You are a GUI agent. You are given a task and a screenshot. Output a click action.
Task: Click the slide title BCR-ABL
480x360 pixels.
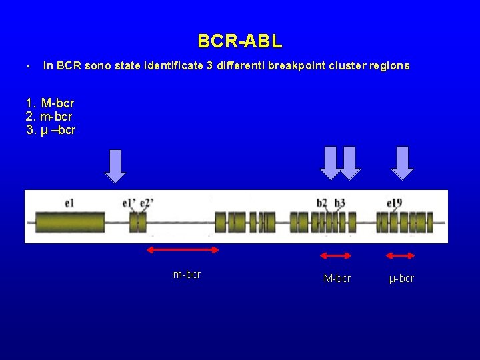(240, 41)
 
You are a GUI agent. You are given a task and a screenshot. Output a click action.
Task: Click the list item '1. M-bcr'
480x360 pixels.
(50, 103)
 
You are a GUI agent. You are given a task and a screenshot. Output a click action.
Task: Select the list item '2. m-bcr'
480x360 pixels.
(49, 117)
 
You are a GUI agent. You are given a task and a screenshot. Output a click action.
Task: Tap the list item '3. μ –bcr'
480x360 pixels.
(51, 129)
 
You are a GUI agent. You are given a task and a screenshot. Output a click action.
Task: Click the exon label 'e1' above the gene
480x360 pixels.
(70, 202)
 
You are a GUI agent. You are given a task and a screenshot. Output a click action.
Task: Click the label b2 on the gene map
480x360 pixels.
(322, 203)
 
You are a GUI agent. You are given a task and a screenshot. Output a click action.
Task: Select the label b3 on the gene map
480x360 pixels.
(340, 203)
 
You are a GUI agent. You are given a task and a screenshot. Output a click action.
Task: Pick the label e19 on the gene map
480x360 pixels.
(395, 203)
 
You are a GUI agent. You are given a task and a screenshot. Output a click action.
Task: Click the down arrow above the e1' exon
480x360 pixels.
(115, 165)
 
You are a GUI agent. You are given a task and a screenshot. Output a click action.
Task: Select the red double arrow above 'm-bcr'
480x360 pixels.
(183, 250)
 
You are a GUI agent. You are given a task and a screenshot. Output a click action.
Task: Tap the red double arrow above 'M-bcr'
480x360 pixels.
(336, 255)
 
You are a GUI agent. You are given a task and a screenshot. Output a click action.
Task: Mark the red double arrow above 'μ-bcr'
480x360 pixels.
(401, 255)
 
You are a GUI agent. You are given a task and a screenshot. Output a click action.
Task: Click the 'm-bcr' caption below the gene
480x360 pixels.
(187, 274)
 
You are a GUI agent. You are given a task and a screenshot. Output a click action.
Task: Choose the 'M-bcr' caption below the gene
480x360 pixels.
(337, 279)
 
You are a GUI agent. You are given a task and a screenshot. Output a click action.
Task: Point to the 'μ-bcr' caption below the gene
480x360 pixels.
(401, 279)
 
